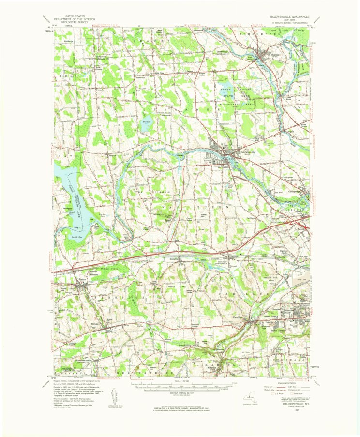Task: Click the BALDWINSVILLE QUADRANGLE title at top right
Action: [286, 16]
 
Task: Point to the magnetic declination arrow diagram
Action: [114, 396]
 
